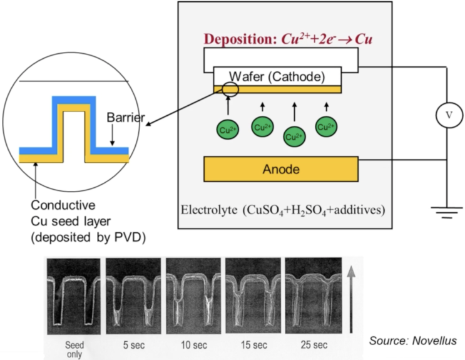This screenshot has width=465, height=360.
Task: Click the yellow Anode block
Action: [x=281, y=168]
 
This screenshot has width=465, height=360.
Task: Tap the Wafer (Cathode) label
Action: [x=277, y=76]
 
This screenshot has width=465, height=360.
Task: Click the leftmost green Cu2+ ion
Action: [x=227, y=130]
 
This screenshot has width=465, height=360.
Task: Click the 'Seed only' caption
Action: [x=74, y=348]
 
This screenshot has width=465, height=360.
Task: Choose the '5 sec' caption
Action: [x=133, y=344]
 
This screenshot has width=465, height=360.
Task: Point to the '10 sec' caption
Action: [x=193, y=344]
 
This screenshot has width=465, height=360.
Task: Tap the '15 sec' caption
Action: [x=253, y=344]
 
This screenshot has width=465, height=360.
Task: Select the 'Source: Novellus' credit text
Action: [x=412, y=340]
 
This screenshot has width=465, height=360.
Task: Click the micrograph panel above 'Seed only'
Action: [x=74, y=297]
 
